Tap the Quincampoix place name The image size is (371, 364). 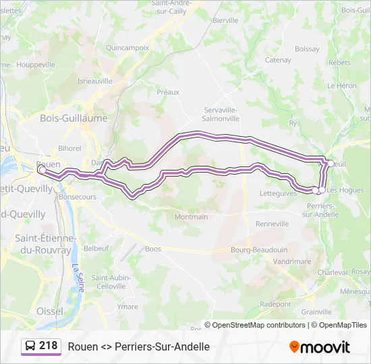tap(127, 48)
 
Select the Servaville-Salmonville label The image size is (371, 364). tap(221, 113)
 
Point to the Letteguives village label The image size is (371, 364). tap(278, 193)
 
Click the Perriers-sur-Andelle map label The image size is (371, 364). tap(321, 210)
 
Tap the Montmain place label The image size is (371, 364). tap(191, 217)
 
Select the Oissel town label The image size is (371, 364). tap(49, 311)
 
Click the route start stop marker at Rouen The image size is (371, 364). tap(42, 171)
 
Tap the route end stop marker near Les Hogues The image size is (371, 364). tap(317, 191)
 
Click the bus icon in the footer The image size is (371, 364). tap(30, 346)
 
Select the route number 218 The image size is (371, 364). tap(49, 346)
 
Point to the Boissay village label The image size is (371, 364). tap(307, 49)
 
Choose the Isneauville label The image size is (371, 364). tap(95, 80)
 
